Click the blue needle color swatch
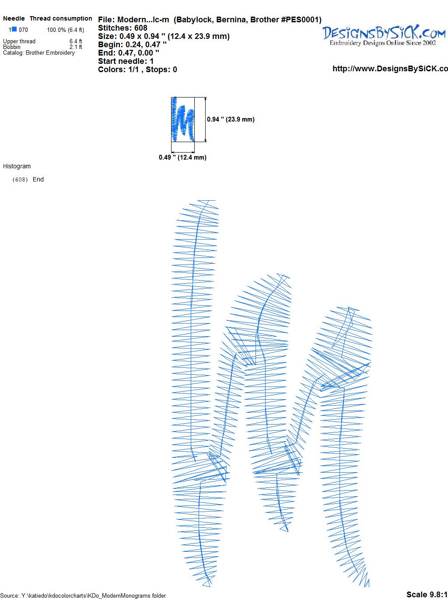click(x=14, y=29)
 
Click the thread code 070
click(x=23, y=30)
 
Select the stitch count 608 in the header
click(x=140, y=28)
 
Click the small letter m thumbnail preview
click(x=182, y=119)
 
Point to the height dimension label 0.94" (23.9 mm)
click(x=231, y=119)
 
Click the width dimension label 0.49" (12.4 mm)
click(x=182, y=157)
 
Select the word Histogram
click(x=17, y=166)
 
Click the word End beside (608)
click(x=38, y=179)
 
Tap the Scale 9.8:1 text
click(x=427, y=594)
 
